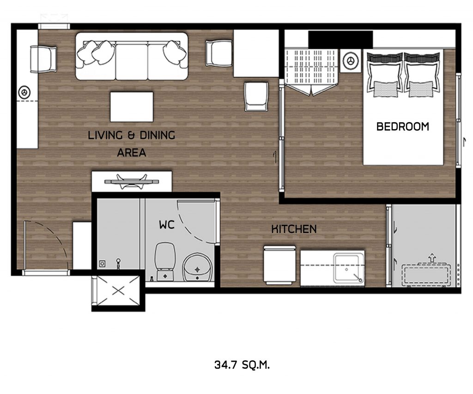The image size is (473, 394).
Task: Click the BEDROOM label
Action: click(x=403, y=126)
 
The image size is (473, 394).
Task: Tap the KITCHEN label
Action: click(x=294, y=229)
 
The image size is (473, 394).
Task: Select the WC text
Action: click(x=167, y=224)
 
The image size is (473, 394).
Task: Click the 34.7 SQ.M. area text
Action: click(x=242, y=365)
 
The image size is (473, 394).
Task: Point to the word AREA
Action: click(x=132, y=153)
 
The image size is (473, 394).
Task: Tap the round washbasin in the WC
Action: click(x=198, y=267)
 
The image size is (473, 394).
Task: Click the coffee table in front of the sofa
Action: click(x=132, y=107)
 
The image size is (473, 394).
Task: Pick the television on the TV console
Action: click(x=132, y=182)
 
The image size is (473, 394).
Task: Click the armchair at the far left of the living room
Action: click(x=43, y=59)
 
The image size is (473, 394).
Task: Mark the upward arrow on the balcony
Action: click(x=432, y=257)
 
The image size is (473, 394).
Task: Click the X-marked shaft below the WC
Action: click(x=118, y=291)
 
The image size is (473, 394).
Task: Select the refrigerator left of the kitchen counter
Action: click(x=279, y=265)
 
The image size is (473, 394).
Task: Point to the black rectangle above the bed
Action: click(x=340, y=40)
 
